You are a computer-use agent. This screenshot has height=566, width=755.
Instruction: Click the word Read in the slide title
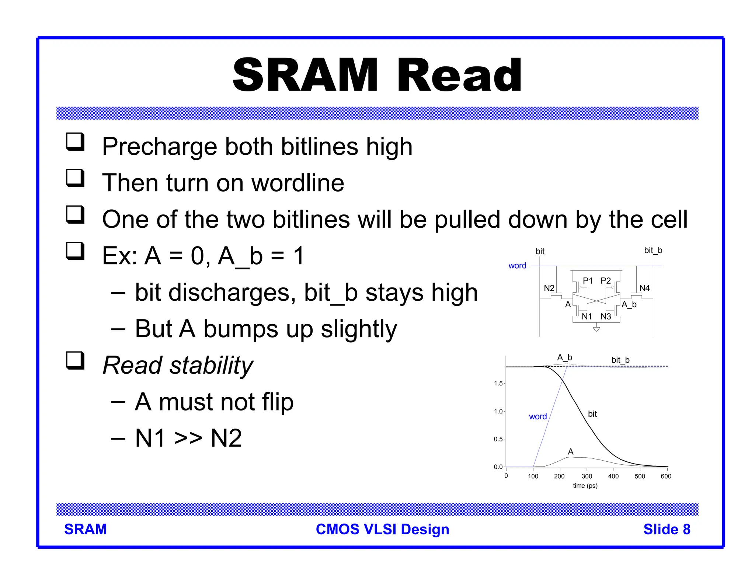459,76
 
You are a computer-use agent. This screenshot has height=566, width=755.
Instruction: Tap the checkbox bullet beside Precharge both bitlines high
75,142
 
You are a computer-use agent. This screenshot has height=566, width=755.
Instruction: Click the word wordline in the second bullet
298,183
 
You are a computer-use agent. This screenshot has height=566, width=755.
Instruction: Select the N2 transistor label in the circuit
549,288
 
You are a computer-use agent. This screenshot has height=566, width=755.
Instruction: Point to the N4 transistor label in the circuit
644,288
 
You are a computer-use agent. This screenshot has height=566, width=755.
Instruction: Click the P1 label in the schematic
588,281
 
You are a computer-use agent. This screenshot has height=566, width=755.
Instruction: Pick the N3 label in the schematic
606,317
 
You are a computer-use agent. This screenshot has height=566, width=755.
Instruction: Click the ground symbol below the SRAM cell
596,329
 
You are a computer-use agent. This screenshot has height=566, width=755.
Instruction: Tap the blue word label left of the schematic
517,266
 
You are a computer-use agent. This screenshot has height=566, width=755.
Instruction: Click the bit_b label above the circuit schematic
653,251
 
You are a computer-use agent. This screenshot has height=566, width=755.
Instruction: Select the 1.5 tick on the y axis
498,384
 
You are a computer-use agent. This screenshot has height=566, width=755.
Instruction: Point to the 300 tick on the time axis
587,476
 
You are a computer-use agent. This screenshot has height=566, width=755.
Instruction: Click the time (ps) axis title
585,486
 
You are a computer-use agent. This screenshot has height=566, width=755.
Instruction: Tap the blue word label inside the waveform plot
537,417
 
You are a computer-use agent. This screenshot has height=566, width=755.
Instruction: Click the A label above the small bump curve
571,452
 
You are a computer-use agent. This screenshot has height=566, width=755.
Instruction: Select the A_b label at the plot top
564,357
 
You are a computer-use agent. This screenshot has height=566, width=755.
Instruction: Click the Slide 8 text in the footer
667,530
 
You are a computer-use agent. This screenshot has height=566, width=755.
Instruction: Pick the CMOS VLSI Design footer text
382,530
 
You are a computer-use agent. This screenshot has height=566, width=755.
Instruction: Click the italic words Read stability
178,366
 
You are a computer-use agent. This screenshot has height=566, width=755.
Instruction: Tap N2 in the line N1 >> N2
226,439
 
